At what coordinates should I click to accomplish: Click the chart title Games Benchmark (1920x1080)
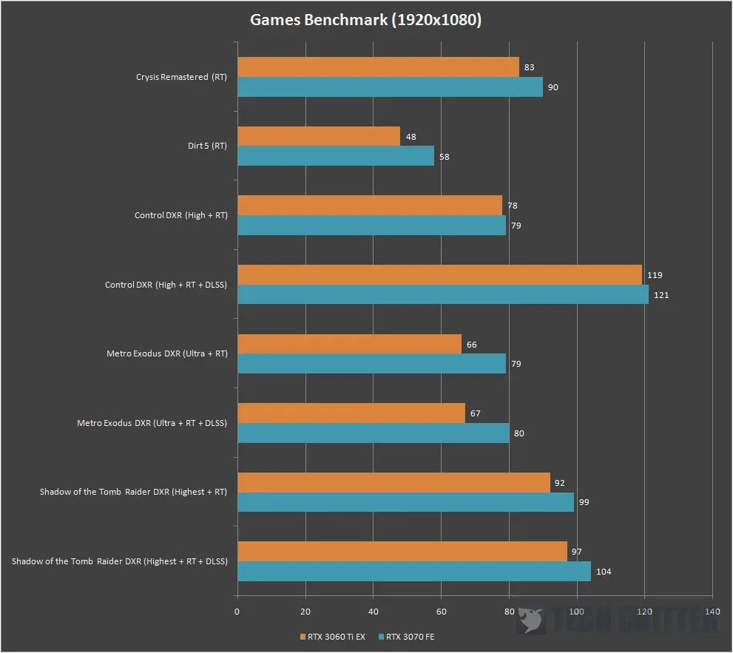tap(365, 20)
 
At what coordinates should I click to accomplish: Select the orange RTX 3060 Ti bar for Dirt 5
tap(319, 136)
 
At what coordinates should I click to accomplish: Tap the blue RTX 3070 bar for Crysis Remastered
tap(390, 87)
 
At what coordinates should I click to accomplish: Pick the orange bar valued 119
tap(439, 275)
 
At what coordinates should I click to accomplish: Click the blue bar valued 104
tap(414, 571)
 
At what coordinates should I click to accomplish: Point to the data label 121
tap(660, 295)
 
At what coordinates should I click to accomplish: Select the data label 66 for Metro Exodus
tap(471, 345)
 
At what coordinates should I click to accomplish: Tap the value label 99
tap(584, 502)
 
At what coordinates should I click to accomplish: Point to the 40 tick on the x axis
tap(373, 612)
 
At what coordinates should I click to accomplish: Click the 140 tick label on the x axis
tap(712, 612)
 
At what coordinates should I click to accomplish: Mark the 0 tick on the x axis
tap(237, 612)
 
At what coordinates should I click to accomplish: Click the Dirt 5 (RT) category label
tap(208, 146)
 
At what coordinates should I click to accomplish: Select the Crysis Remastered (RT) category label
tap(181, 77)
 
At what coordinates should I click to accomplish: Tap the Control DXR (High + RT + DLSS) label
tap(166, 285)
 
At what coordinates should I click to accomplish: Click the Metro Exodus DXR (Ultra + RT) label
tap(167, 353)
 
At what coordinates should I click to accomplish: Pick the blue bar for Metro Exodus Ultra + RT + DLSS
tap(373, 433)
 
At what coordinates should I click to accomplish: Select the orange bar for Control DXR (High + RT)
tap(370, 206)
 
